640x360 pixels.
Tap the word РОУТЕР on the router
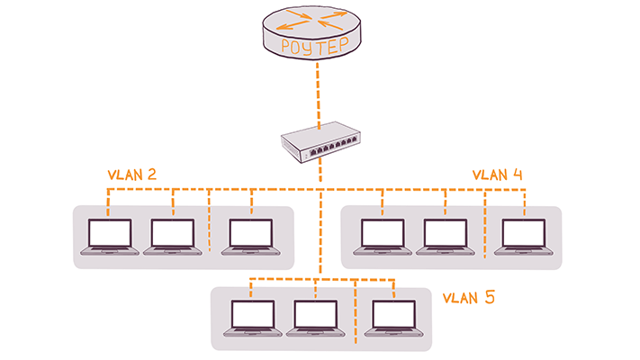pos(320,46)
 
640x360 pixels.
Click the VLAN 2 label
pos(132,174)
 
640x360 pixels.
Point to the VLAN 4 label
pos(498,174)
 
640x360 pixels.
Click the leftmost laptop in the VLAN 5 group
pos(252,319)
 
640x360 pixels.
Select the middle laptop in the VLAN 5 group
pos(316,319)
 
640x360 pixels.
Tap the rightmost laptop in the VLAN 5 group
pos(393,319)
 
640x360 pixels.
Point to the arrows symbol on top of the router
pos(320,17)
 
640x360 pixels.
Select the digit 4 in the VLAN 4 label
pos(518,174)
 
